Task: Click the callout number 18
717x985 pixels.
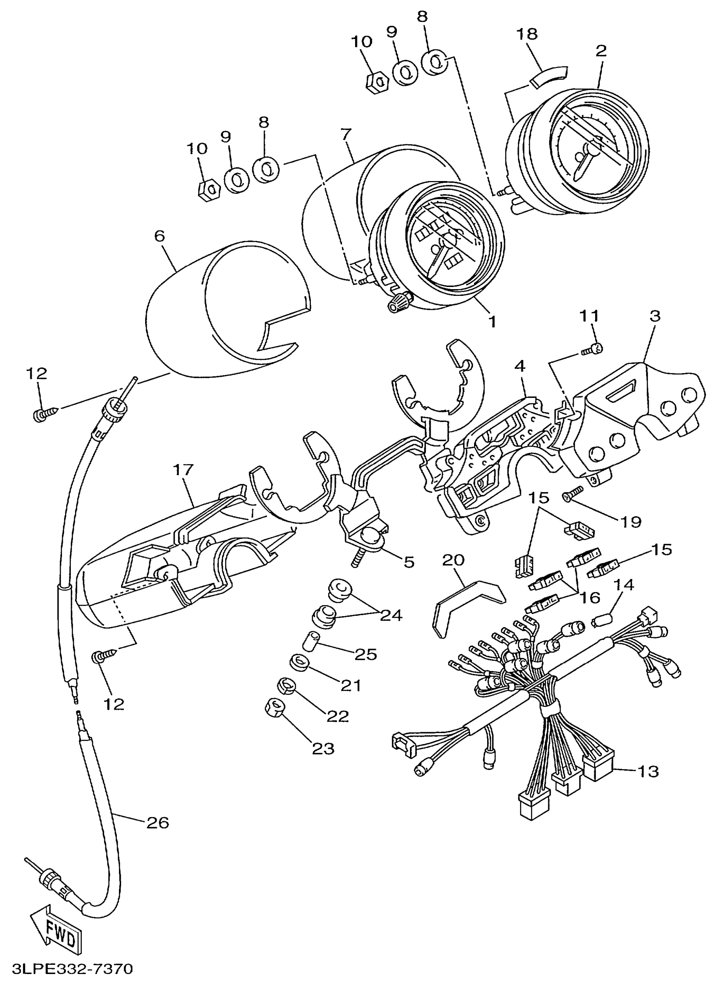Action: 527,33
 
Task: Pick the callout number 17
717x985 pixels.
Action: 183,469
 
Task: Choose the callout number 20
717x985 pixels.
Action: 453,560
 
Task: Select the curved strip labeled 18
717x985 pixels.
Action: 549,76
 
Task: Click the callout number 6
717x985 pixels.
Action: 159,236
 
